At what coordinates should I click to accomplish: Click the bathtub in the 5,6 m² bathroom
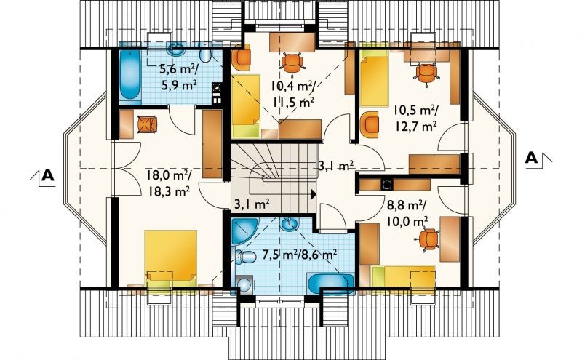point(130,76)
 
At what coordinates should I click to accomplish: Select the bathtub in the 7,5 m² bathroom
point(330,284)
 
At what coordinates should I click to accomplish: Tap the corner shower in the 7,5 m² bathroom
point(244,231)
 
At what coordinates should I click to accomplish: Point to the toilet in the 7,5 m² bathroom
point(246,257)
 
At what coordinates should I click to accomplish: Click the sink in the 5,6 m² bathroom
point(177,50)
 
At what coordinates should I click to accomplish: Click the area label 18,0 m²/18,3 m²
point(169,183)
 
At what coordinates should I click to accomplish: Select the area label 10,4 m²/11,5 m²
point(293,94)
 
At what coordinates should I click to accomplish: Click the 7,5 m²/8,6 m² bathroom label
point(300,255)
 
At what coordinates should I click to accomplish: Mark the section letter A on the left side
point(48,175)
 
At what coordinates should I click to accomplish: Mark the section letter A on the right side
point(532,158)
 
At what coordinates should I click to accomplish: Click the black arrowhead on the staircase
point(314,193)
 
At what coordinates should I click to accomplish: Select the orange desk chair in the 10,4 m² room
point(292,64)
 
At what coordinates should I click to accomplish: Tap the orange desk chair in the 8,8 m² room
point(429,239)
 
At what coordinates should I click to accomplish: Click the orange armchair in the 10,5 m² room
point(370,123)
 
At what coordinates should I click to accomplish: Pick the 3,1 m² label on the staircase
point(251,204)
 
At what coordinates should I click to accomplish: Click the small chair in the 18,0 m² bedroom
point(148,124)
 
